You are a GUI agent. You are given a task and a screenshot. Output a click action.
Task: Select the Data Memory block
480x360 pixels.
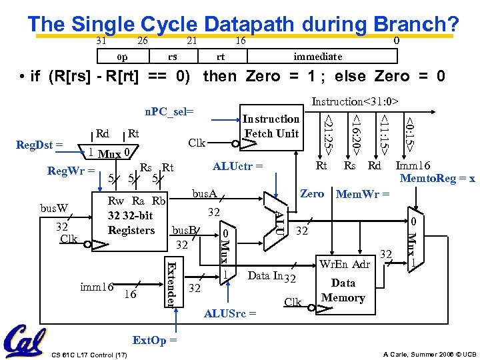(x=343, y=283)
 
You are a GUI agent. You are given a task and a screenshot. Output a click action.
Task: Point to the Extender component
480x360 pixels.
(x=171, y=283)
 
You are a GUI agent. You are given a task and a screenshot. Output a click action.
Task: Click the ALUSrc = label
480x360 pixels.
(x=230, y=312)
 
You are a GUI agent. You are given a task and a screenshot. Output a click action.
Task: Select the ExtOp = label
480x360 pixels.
(x=155, y=340)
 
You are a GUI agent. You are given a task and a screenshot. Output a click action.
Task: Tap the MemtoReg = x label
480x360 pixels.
(x=437, y=179)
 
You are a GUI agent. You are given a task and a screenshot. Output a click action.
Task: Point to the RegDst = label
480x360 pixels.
(x=39, y=144)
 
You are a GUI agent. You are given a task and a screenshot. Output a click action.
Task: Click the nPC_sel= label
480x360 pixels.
(x=169, y=111)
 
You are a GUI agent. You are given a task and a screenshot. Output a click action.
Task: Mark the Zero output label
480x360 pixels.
(x=312, y=194)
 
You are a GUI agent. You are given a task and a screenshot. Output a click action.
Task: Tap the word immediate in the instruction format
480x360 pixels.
(x=318, y=57)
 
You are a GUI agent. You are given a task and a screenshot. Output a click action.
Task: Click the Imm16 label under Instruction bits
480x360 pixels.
(x=413, y=167)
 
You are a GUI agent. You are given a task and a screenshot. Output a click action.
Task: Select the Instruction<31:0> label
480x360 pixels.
(x=355, y=102)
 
